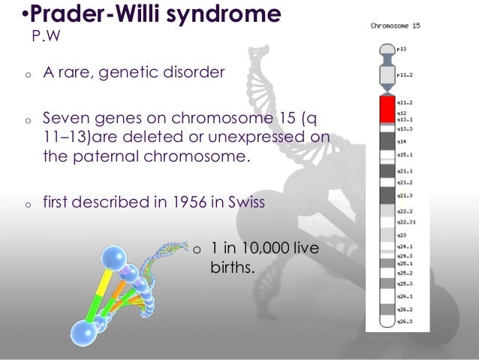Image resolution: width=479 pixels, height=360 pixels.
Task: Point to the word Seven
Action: [x=64, y=118]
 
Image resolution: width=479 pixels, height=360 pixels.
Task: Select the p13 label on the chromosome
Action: [x=403, y=48]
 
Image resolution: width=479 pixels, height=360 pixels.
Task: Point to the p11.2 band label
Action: [x=405, y=74]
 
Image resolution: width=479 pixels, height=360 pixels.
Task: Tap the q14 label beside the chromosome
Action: [x=403, y=140]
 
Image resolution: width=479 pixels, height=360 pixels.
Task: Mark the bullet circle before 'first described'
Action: [x=26, y=203]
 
